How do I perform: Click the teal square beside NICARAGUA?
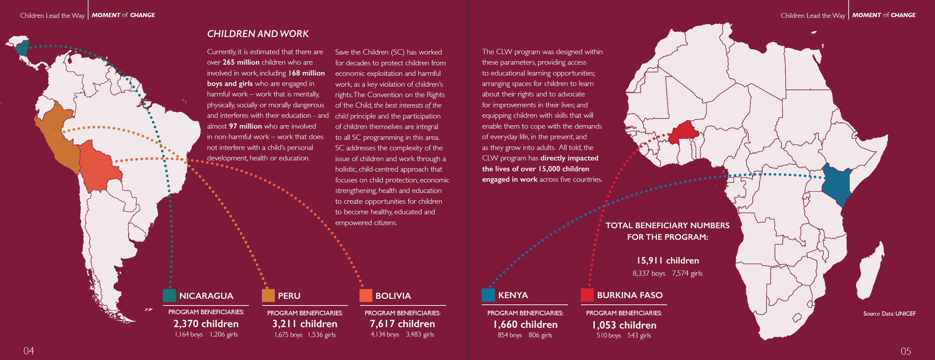(x=169, y=295)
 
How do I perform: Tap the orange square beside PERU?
(x=268, y=295)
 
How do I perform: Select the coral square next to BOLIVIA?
(x=365, y=295)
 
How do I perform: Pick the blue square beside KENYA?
(x=488, y=295)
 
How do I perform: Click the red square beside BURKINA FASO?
(x=587, y=295)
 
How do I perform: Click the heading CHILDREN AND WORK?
(x=258, y=34)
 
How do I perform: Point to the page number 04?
(x=29, y=351)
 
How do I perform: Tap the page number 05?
(x=906, y=351)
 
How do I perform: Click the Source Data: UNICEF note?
(x=889, y=314)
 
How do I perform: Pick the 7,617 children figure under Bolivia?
(x=402, y=324)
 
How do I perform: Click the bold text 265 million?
(x=241, y=63)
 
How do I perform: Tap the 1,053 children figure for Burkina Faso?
(x=624, y=325)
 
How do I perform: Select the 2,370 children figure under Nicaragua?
(x=206, y=324)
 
